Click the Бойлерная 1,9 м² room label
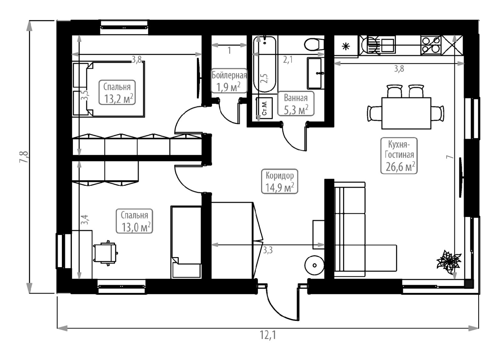[x=229, y=81]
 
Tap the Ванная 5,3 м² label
[x=296, y=104]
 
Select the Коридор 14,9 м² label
[x=279, y=181]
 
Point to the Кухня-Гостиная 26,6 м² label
[x=399, y=155]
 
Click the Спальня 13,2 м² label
[x=117, y=92]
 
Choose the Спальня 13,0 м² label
[x=134, y=221]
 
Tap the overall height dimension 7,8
[x=24, y=157]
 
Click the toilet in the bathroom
[x=314, y=45]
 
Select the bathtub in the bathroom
[x=265, y=64]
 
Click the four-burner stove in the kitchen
[x=431, y=45]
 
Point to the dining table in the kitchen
[x=406, y=113]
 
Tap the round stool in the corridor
[x=314, y=265]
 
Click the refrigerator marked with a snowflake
[x=346, y=47]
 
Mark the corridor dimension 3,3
[x=268, y=250]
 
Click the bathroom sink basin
[x=315, y=73]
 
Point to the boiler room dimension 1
[x=229, y=50]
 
